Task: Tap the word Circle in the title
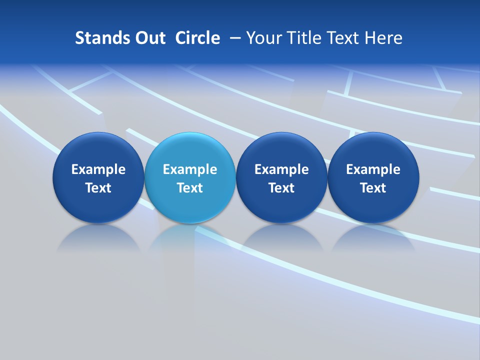tap(197, 38)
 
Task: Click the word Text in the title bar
tap(344, 38)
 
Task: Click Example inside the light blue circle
tap(190, 169)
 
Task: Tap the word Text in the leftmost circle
tap(98, 188)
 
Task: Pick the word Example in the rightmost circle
tap(373, 169)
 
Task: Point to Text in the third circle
tap(281, 188)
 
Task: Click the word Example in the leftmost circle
tap(98, 169)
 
